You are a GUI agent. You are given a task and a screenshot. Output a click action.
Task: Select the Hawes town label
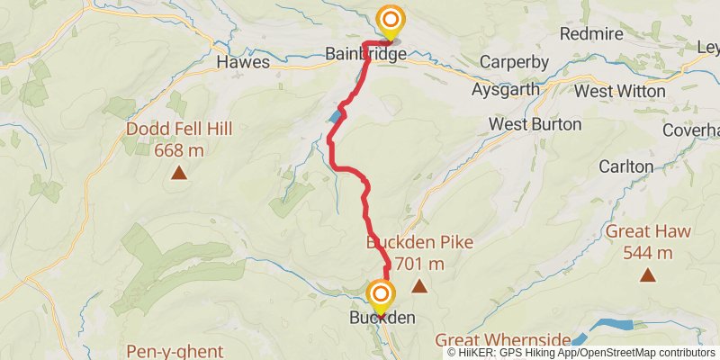pyautogui.click(x=243, y=63)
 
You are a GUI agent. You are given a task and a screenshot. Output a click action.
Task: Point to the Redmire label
pyautogui.click(x=590, y=34)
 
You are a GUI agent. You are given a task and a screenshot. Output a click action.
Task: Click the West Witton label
pyautogui.click(x=619, y=91)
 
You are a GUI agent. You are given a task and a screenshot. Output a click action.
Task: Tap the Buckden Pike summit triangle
pyautogui.click(x=418, y=286)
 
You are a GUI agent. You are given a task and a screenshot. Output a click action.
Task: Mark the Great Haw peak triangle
pyautogui.click(x=647, y=274)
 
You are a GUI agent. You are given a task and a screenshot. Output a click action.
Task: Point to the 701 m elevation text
pyautogui.click(x=419, y=264)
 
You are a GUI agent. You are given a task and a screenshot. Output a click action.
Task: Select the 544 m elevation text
pyautogui.click(x=648, y=253)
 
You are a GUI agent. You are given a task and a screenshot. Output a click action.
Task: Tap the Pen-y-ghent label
pyautogui.click(x=175, y=350)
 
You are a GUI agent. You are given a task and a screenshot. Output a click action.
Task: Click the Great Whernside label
pyautogui.click(x=503, y=339)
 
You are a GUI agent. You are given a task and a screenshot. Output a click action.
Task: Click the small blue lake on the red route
pyautogui.click(x=335, y=117)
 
